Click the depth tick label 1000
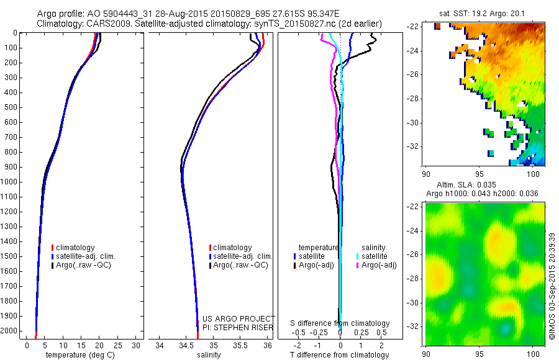(x=10, y=182)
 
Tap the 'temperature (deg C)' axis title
(x=78, y=355)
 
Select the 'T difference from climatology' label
(x=340, y=355)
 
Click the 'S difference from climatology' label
(x=340, y=323)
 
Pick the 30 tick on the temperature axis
(x=137, y=345)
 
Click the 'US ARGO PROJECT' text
(x=239, y=318)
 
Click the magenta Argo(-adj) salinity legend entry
(x=375, y=265)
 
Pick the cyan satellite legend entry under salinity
(x=373, y=256)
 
